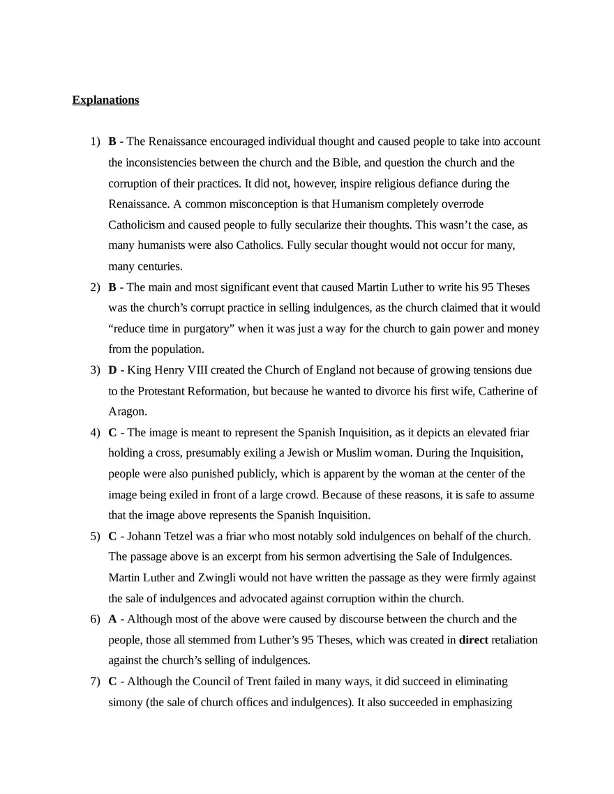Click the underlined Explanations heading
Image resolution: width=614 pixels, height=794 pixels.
(105, 100)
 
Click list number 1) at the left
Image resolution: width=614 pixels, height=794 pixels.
(95, 142)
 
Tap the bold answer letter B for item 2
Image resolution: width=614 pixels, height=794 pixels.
(112, 287)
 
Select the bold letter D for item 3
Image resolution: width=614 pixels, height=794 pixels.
(112, 369)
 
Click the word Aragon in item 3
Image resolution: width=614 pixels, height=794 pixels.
(127, 411)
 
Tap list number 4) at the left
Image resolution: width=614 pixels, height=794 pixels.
(95, 432)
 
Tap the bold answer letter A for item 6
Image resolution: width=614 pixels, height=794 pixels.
(112, 619)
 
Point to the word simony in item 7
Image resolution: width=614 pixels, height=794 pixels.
(124, 702)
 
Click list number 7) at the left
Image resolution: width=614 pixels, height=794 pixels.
(95, 681)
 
